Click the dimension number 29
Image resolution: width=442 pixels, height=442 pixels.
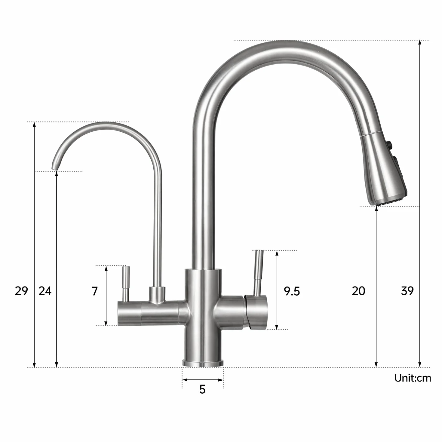(x=21, y=291)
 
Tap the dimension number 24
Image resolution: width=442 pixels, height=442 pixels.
(x=45, y=291)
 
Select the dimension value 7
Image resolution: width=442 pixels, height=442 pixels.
(x=95, y=291)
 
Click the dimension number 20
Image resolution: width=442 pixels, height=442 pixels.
(x=358, y=291)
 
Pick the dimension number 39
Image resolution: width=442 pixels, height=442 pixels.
(x=407, y=291)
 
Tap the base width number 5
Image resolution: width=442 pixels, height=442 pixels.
(x=202, y=389)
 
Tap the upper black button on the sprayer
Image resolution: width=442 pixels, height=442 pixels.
(x=390, y=145)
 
